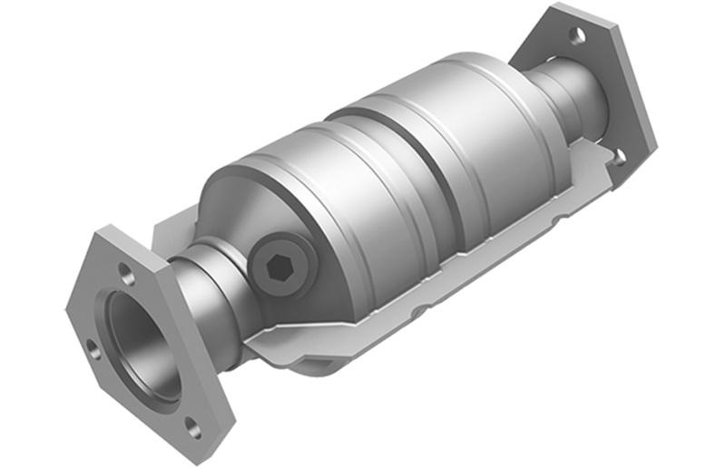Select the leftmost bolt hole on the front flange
(93, 345)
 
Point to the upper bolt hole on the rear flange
(576, 35)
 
